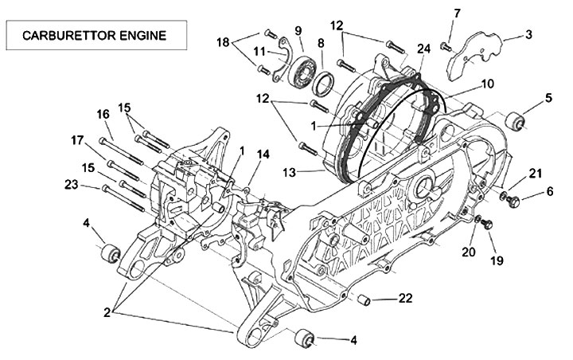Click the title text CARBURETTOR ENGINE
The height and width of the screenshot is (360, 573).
(x=95, y=36)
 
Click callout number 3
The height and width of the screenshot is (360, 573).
(x=528, y=34)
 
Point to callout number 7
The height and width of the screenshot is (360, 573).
(x=457, y=14)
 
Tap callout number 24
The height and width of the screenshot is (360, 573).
(x=423, y=48)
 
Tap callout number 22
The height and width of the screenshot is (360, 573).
(x=406, y=299)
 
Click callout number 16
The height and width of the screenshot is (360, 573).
(x=103, y=115)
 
